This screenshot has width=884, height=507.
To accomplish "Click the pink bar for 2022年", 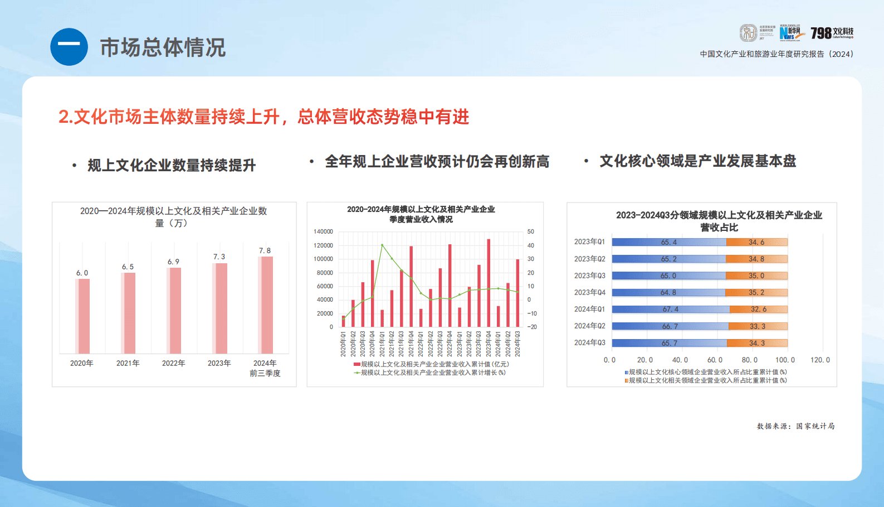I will [x=174, y=310].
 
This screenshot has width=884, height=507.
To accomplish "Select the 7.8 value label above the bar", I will [x=265, y=251].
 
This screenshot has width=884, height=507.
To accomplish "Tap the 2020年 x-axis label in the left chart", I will [x=82, y=363].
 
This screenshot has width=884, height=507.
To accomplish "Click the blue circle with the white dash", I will [x=69, y=47].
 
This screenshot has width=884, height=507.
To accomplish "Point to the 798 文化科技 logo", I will [x=832, y=33].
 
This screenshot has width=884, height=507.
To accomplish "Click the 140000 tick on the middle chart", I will [x=323, y=231].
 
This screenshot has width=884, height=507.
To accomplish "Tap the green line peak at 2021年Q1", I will [x=382, y=245].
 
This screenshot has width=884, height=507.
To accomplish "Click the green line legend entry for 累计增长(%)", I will [x=430, y=373].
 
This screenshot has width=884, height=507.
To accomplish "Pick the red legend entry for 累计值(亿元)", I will [x=431, y=364].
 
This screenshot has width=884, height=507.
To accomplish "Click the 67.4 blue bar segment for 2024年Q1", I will [x=671, y=309].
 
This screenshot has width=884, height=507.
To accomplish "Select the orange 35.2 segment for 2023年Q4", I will [x=756, y=292].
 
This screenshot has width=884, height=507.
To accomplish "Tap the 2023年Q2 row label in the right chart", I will [x=589, y=259].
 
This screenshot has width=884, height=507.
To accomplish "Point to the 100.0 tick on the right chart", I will [x=785, y=360].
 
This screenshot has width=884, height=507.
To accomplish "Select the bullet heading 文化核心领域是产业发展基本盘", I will [x=697, y=161].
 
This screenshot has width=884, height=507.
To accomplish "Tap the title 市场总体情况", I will [x=163, y=47].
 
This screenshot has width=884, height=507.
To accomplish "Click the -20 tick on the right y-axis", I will [x=532, y=327].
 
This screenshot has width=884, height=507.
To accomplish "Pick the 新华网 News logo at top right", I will [x=792, y=33].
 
